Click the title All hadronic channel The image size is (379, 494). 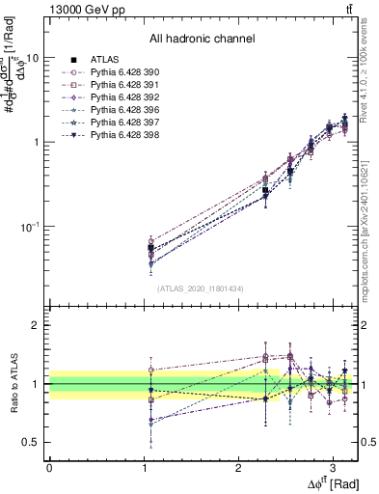pos(201,40)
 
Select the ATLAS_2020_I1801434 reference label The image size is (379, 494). pos(201,288)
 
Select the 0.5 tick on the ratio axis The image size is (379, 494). pos(31,442)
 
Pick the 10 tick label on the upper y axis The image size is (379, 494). pos(32,57)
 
